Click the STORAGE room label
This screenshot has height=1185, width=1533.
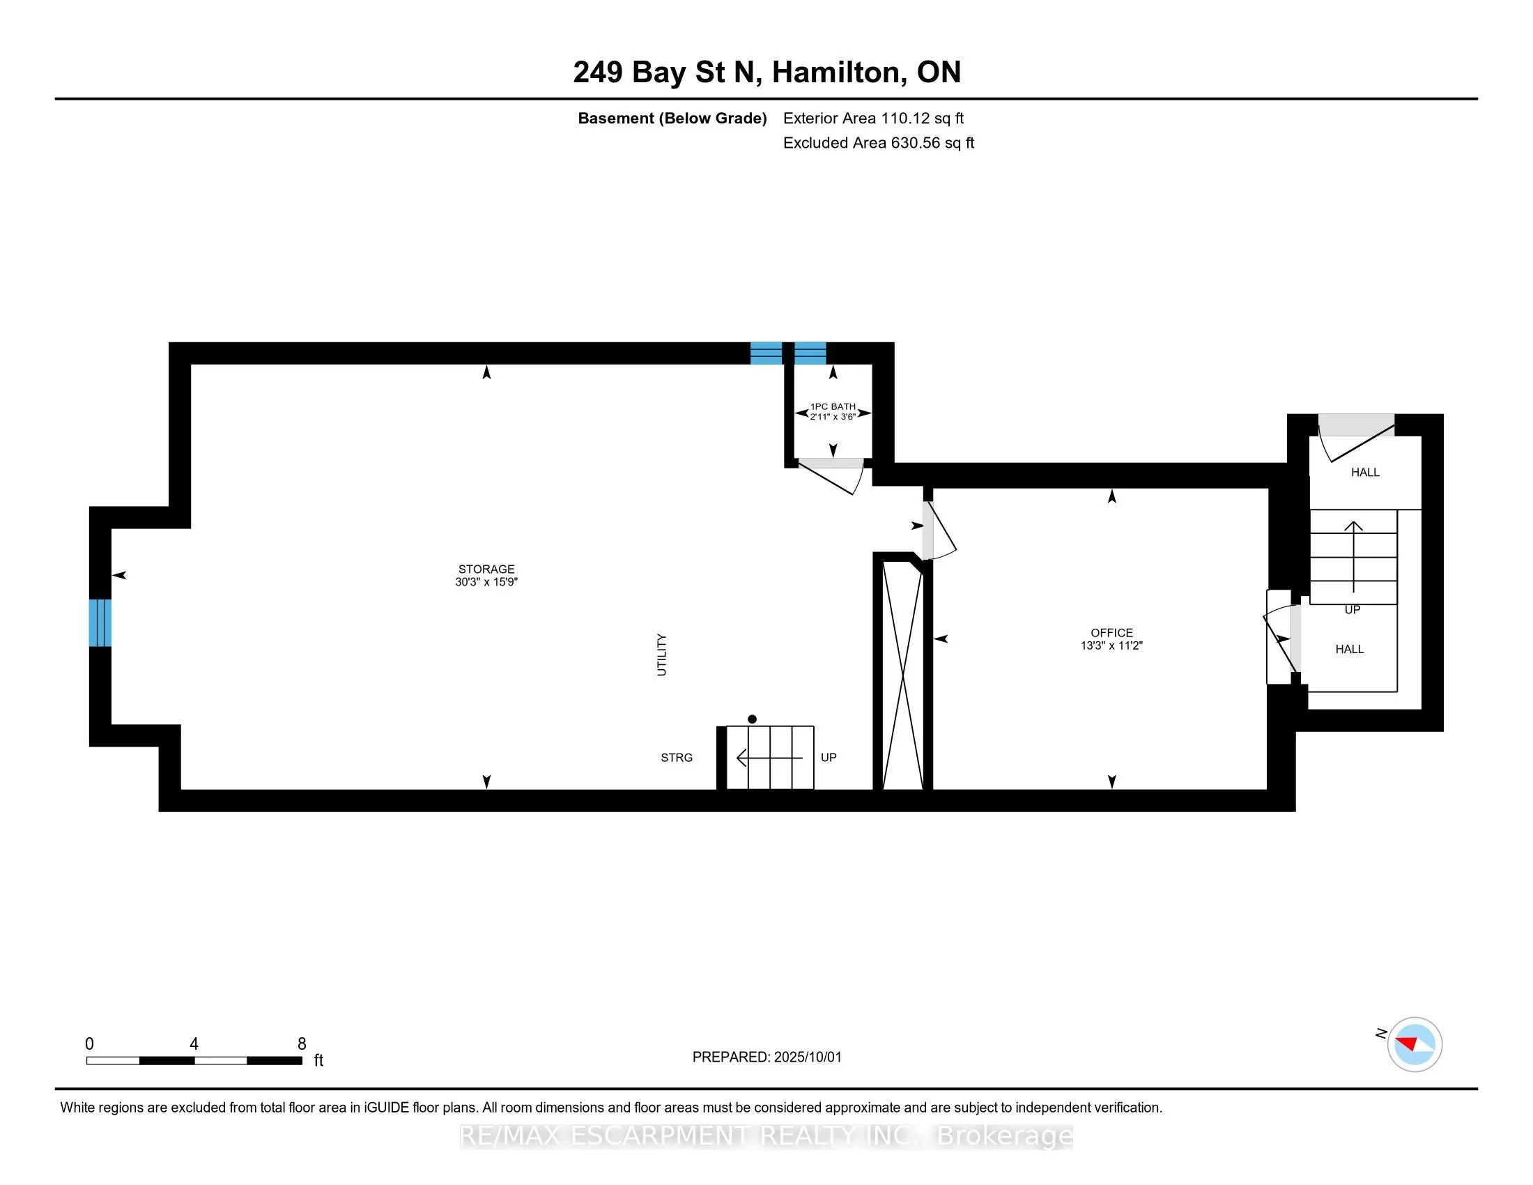tap(486, 569)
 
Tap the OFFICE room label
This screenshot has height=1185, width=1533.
tap(1112, 632)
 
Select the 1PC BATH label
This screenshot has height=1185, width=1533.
tap(833, 406)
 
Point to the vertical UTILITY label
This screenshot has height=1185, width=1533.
tap(661, 655)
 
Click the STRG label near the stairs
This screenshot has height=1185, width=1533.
tap(677, 758)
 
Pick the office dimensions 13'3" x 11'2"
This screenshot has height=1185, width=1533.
tap(1112, 645)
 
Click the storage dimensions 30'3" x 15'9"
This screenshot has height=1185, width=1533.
tap(486, 581)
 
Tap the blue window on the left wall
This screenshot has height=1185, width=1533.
tap(100, 622)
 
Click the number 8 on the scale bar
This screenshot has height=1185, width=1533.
tap(302, 1044)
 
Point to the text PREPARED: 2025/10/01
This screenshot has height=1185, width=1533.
tap(766, 1057)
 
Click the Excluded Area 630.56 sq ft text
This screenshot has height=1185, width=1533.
tap(879, 143)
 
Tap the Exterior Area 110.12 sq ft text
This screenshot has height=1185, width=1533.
tap(873, 118)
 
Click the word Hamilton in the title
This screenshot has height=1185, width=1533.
tap(839, 72)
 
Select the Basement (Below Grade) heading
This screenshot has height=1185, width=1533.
tap(672, 118)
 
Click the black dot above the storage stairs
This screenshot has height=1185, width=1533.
tap(752, 719)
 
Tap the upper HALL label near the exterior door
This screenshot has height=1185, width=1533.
tap(1365, 473)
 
